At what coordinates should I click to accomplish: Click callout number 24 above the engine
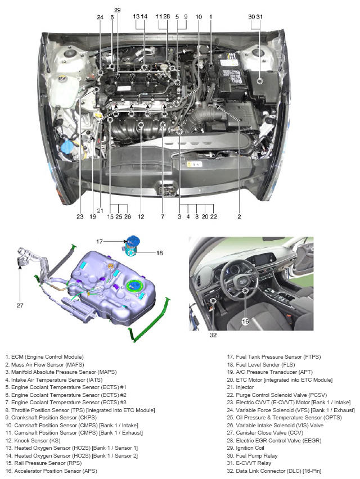point(100,17)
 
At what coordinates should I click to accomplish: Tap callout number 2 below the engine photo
point(239,216)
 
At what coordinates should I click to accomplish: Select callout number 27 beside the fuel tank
point(20,305)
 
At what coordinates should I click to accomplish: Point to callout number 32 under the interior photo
point(213,335)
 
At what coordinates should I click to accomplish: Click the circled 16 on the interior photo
point(245,322)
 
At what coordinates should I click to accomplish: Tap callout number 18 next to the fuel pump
point(160,253)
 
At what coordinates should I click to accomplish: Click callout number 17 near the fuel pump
point(100,241)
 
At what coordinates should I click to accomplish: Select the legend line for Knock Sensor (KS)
point(33,441)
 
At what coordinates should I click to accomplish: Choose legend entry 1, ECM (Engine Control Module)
point(44,357)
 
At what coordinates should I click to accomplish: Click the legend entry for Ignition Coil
point(245,448)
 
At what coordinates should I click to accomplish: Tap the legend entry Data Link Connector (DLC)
point(274,471)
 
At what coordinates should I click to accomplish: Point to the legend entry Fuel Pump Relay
point(252,455)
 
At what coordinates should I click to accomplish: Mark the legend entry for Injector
point(240,387)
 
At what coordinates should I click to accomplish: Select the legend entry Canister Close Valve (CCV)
point(265,432)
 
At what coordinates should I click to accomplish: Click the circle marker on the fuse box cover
point(260,81)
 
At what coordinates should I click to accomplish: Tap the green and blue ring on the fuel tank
point(136,286)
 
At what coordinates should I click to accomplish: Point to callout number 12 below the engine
point(141,216)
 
